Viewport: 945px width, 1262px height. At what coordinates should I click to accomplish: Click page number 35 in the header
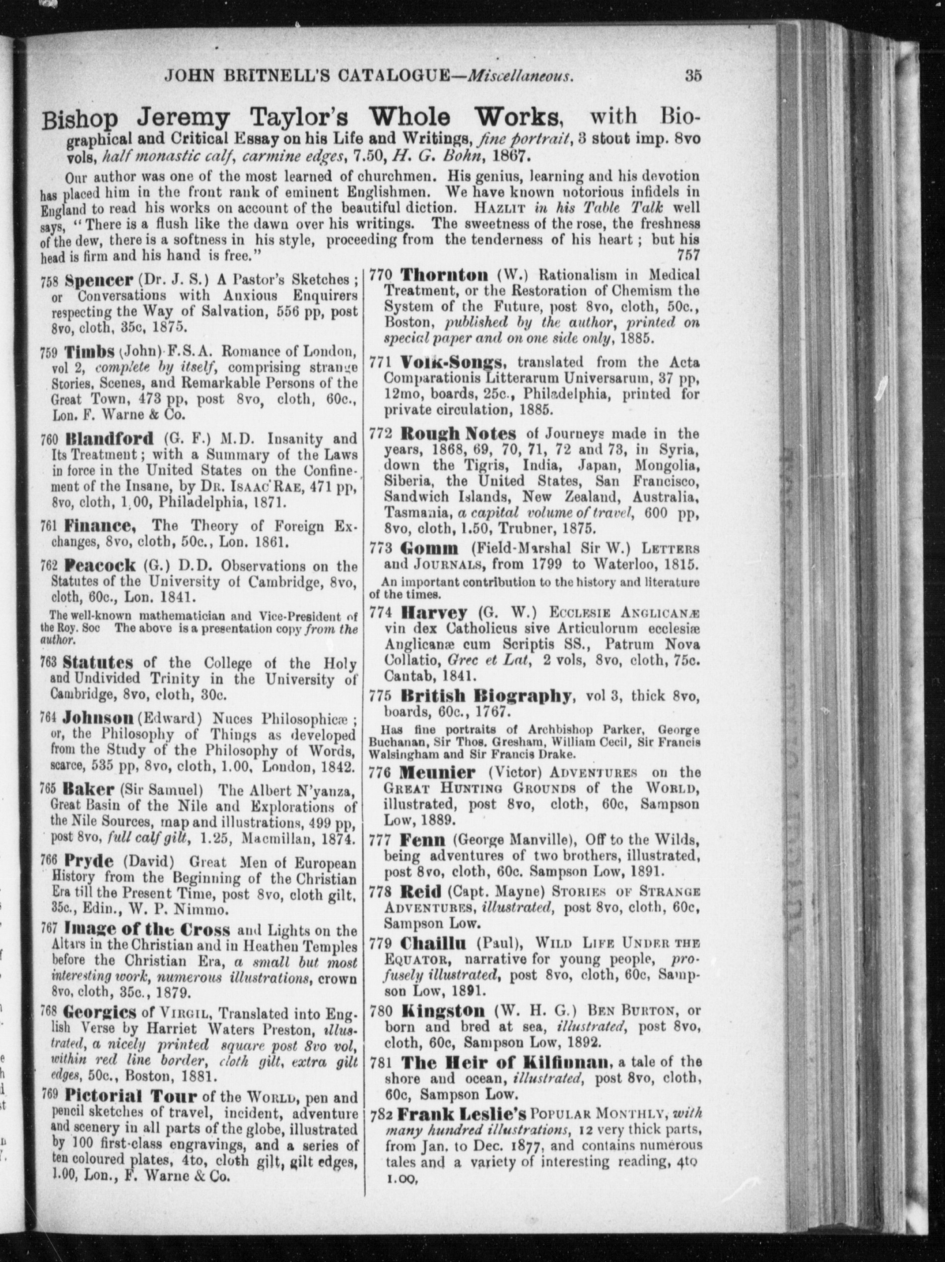pos(692,76)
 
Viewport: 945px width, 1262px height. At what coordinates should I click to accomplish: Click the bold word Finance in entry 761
pos(100,525)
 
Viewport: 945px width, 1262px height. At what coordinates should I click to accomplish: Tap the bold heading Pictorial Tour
pos(131,1096)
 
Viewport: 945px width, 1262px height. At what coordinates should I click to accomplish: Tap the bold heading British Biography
pos(485,696)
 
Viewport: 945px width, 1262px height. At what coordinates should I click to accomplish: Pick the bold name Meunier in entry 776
pos(437,772)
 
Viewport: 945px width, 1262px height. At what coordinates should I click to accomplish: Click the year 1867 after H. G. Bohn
pos(507,156)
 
